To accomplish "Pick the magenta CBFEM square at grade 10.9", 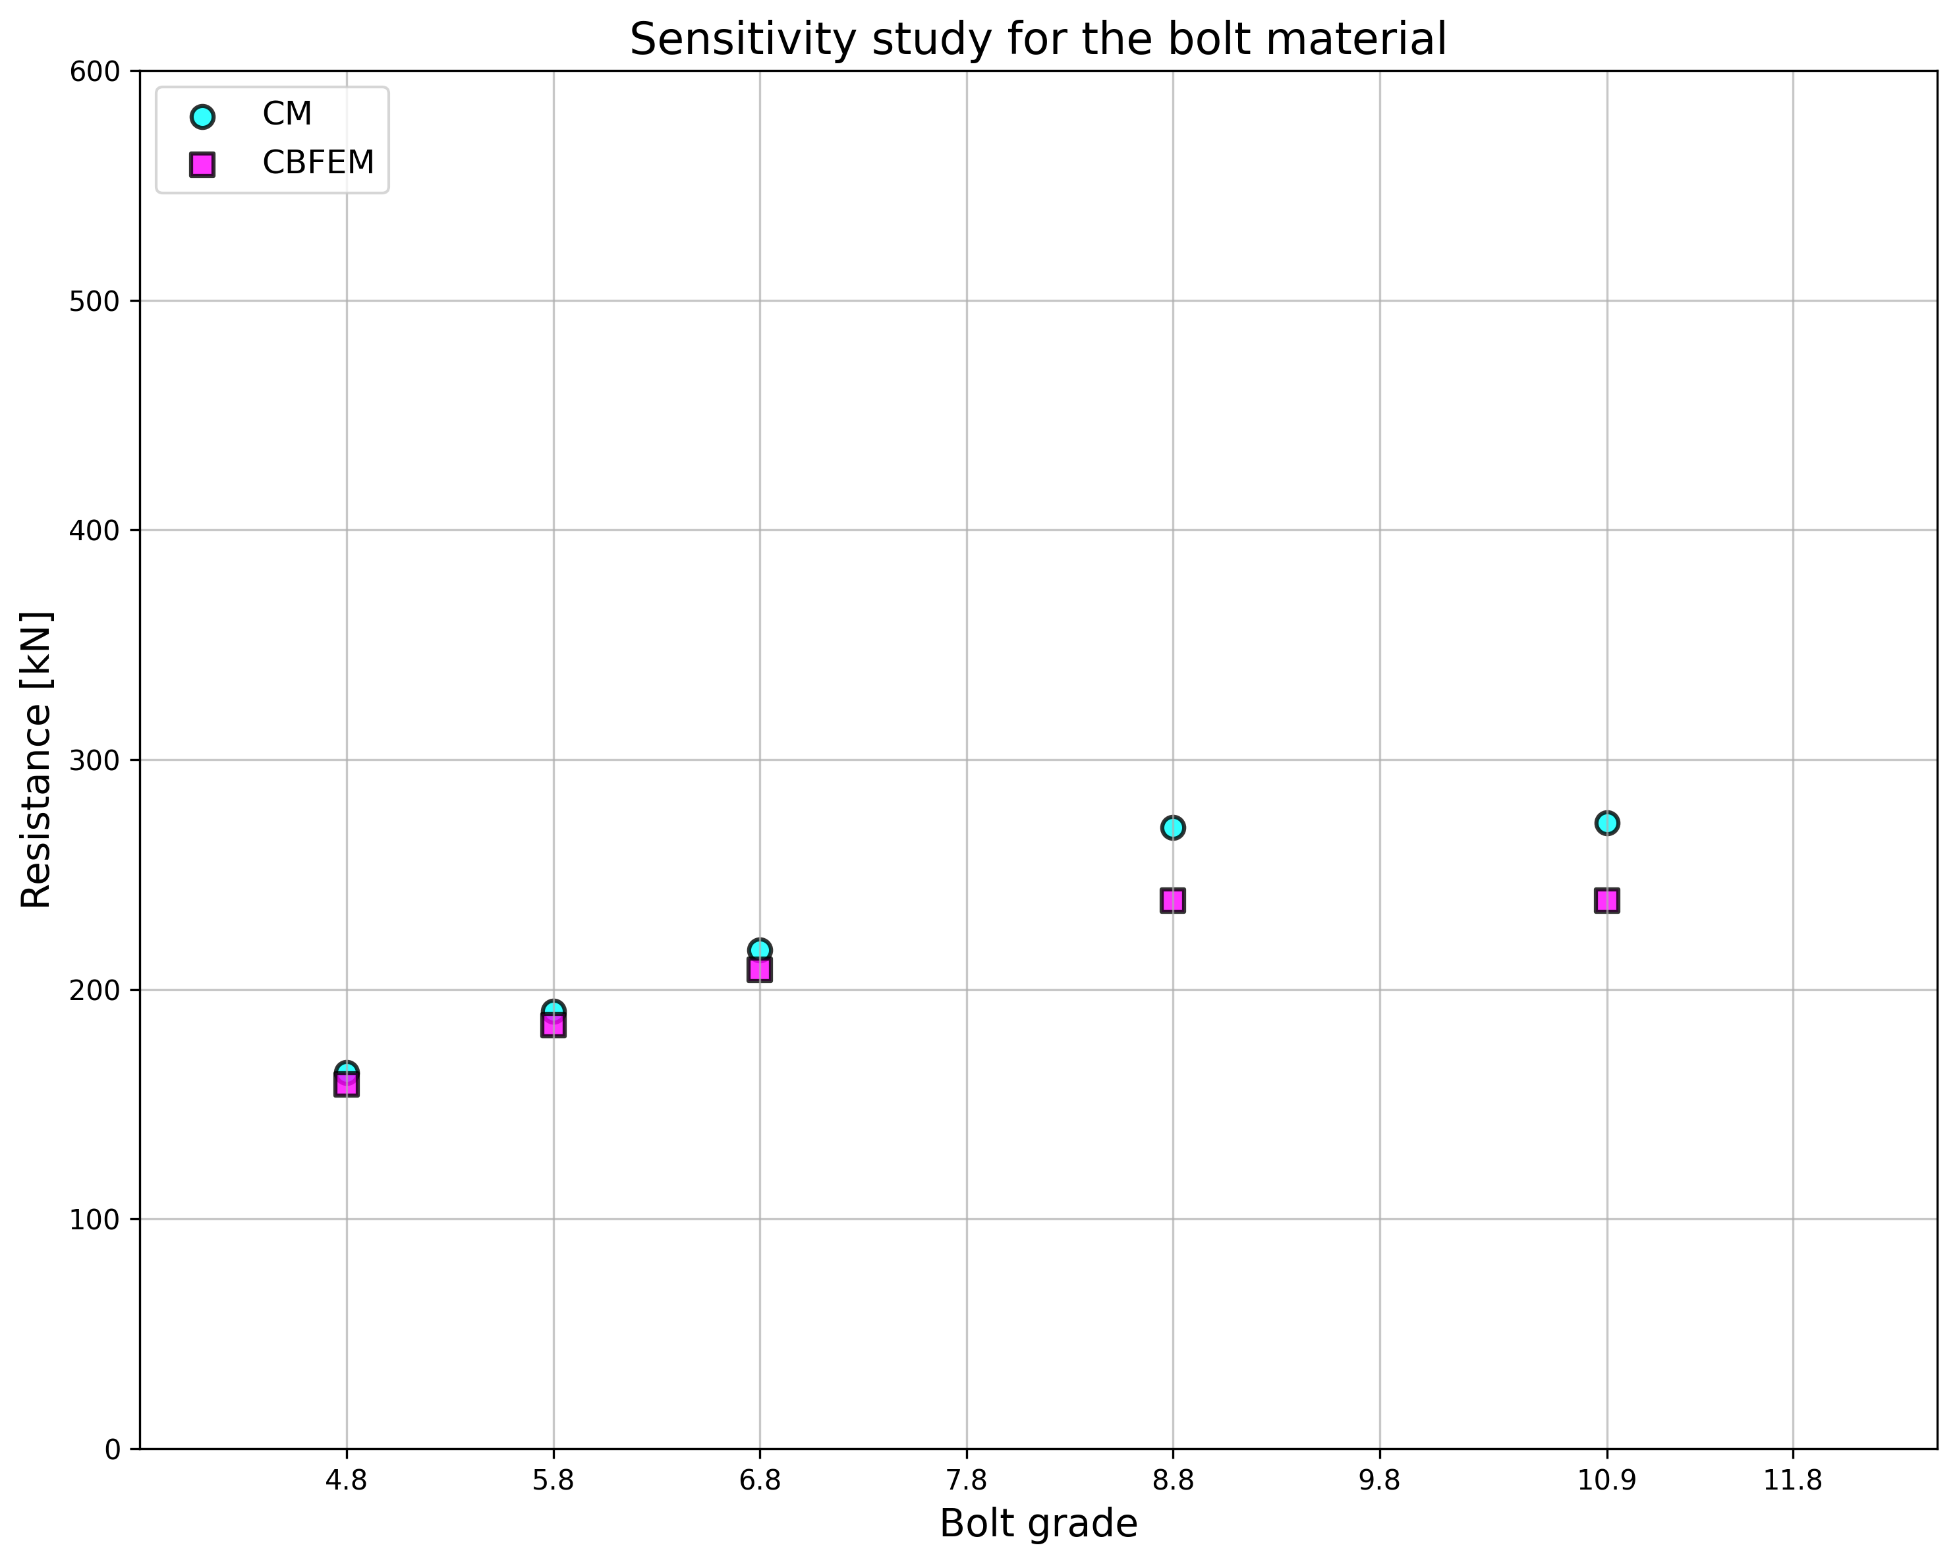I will [x=1606, y=901].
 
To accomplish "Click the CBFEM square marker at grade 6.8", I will [x=760, y=970].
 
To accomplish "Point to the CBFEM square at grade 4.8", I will [x=346, y=1085].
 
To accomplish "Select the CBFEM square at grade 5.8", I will [x=553, y=1025].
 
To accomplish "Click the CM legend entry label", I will [x=287, y=115].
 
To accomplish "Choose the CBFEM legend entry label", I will [x=318, y=163].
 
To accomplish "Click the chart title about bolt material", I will [x=1038, y=40].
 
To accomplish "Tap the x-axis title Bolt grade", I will [x=1038, y=1524].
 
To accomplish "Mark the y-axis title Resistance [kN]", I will [x=36, y=760].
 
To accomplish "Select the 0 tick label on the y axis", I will [x=111, y=1449].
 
